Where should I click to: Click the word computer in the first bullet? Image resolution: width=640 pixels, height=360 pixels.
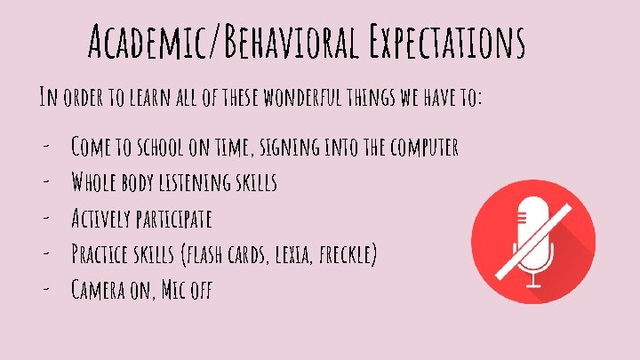(421, 147)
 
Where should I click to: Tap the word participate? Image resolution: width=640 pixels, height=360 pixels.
(173, 219)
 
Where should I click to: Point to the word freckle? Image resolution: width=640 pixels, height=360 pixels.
(344, 255)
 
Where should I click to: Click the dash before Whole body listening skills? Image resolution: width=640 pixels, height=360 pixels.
(44, 184)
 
